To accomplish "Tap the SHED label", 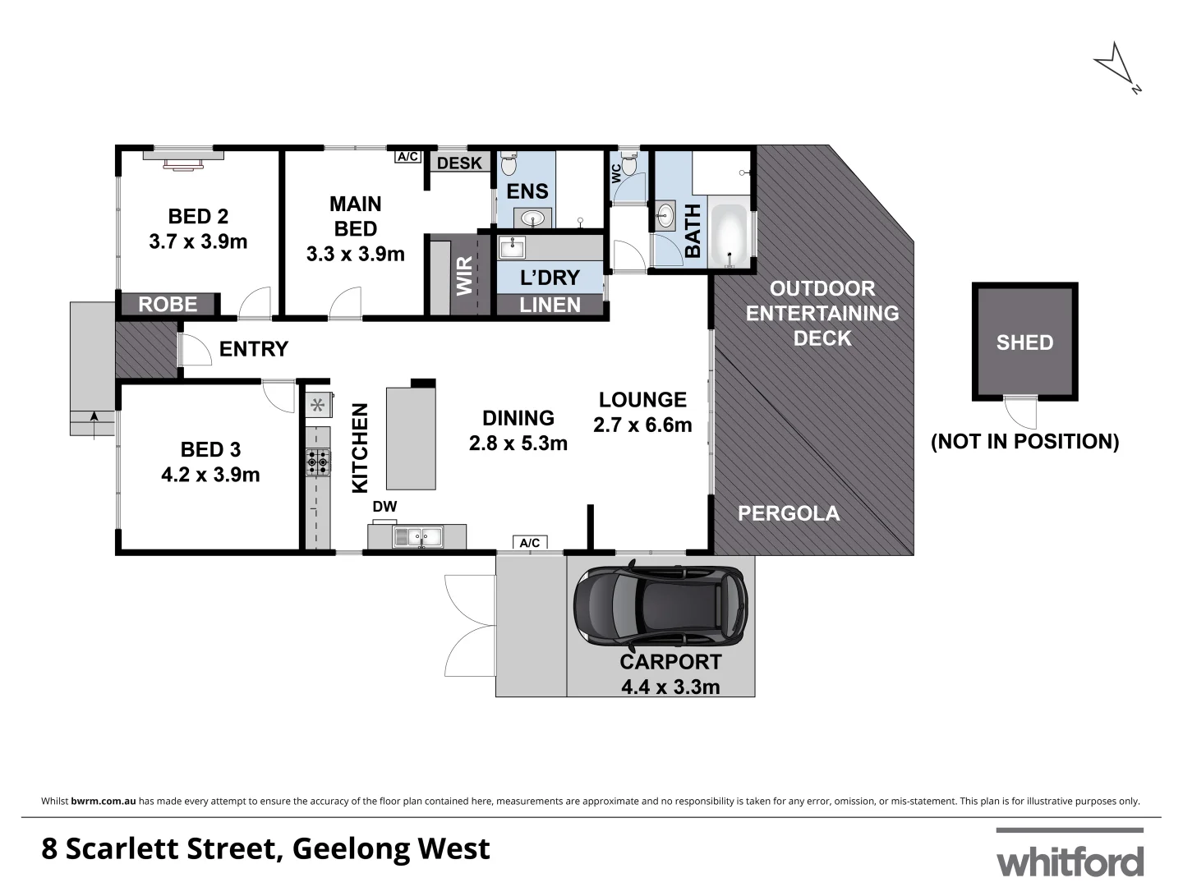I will coord(1024,342).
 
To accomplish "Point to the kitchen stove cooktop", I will coord(318,462).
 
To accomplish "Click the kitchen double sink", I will coord(417,538).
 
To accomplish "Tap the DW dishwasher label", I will coord(384,507).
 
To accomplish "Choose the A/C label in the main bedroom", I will coord(407,156).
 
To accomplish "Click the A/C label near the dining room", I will coord(530,542).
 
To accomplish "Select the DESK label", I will coord(459,163).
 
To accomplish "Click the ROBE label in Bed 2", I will coord(168,305).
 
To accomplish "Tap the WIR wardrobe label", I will coord(465,276).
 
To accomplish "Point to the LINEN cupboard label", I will coord(550,305).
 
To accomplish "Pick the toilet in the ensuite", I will coord(508,164).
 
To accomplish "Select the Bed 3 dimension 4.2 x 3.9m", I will coord(210,475).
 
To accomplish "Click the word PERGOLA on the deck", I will coord(788,513).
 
